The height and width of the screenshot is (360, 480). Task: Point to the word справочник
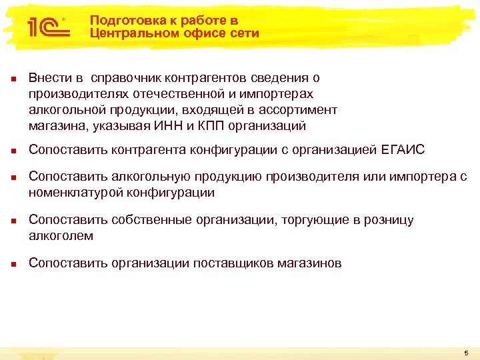(123, 79)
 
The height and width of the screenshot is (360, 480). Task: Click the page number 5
(466, 351)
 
